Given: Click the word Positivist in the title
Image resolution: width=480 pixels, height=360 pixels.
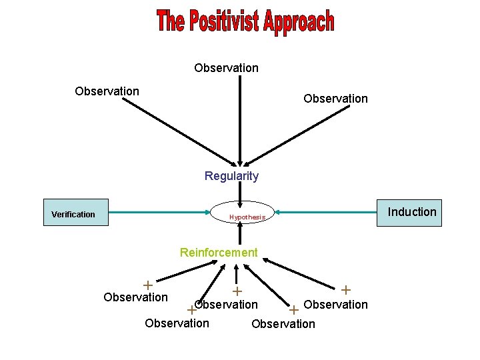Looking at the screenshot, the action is click(224, 23).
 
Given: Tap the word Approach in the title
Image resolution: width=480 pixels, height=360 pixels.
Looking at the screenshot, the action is click(299, 23).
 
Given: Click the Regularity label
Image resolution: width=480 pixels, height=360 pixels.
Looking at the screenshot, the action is click(231, 176).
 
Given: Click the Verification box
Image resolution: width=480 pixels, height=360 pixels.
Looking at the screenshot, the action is click(75, 213).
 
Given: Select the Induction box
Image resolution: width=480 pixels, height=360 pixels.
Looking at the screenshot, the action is click(411, 212).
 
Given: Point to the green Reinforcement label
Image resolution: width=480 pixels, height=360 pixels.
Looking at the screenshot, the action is click(219, 253).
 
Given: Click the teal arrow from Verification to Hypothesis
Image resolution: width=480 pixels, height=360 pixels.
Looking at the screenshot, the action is click(160, 213).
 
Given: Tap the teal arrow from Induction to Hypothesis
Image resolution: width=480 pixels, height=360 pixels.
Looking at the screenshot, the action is click(327, 213).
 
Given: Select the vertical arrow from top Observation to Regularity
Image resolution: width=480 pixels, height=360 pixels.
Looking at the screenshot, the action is click(239, 120).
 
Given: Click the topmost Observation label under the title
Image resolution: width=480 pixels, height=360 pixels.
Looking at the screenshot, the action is click(227, 68).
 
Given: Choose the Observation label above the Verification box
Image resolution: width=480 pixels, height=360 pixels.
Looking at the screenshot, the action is click(107, 91).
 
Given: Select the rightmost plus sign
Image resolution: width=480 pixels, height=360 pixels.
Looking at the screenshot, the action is click(346, 290).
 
